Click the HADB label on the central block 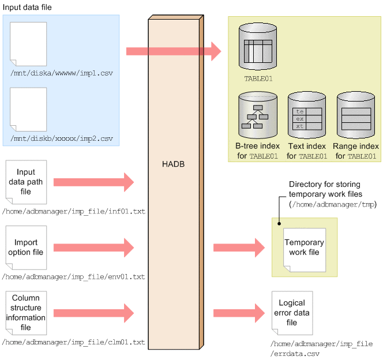point(173,164)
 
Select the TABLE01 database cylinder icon point(258,46)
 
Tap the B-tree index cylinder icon point(258,115)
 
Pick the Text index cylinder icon point(307,115)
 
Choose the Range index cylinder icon point(356,115)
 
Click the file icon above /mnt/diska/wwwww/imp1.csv point(28,44)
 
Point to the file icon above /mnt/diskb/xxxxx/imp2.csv point(28,110)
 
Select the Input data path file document point(26,182)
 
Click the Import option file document point(26,247)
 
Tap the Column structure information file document point(26,313)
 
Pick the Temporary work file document point(305,250)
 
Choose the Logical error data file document point(292,313)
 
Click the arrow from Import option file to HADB point(94,247)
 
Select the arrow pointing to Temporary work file point(239,247)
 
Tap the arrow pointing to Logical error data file point(239,313)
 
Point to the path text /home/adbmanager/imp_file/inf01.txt point(73,211)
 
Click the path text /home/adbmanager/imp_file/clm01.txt point(73,342)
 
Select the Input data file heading point(27,7)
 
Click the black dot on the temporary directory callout point(279,223)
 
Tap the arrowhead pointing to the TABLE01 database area point(216,51)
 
